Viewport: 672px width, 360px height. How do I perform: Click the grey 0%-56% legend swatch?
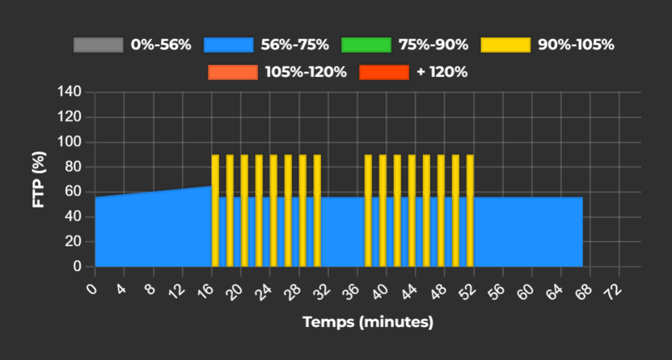click(99, 45)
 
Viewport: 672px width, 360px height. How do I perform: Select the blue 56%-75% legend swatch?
click(229, 45)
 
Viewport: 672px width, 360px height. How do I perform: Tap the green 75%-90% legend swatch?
click(367, 45)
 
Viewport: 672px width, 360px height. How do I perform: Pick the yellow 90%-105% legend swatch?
click(505, 45)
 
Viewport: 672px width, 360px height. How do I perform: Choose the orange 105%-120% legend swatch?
click(233, 72)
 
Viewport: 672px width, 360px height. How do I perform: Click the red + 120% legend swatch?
click(384, 72)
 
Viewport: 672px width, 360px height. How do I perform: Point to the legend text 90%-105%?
click(575, 45)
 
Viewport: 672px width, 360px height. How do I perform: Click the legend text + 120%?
click(442, 72)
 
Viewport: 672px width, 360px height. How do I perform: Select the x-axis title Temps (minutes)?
click(368, 323)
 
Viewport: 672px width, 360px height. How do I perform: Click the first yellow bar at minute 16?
click(215, 210)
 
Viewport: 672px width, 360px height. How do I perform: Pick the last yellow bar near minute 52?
click(470, 210)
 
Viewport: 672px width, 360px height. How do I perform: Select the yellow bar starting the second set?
click(368, 210)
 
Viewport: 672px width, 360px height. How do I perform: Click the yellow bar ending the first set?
click(317, 210)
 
